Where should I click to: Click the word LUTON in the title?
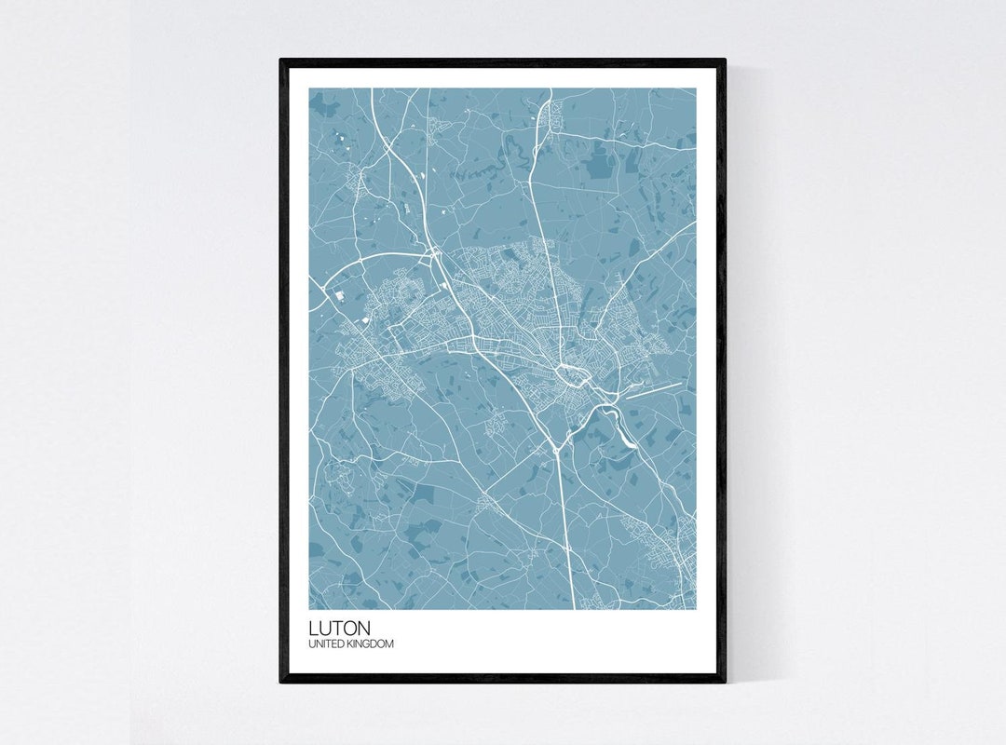[340, 629]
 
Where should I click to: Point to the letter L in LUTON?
[314, 629]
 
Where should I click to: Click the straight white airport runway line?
[653, 389]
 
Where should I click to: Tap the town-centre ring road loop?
[567, 375]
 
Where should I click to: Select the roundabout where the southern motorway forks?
[556, 448]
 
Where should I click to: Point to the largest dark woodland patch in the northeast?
[597, 165]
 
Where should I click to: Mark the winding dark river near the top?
[494, 168]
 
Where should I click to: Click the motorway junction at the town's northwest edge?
[435, 253]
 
